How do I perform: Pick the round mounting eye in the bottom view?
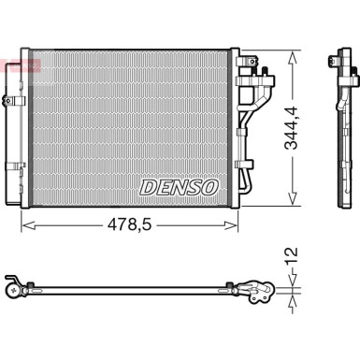point(12,291)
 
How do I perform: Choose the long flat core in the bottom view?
point(131,288)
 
